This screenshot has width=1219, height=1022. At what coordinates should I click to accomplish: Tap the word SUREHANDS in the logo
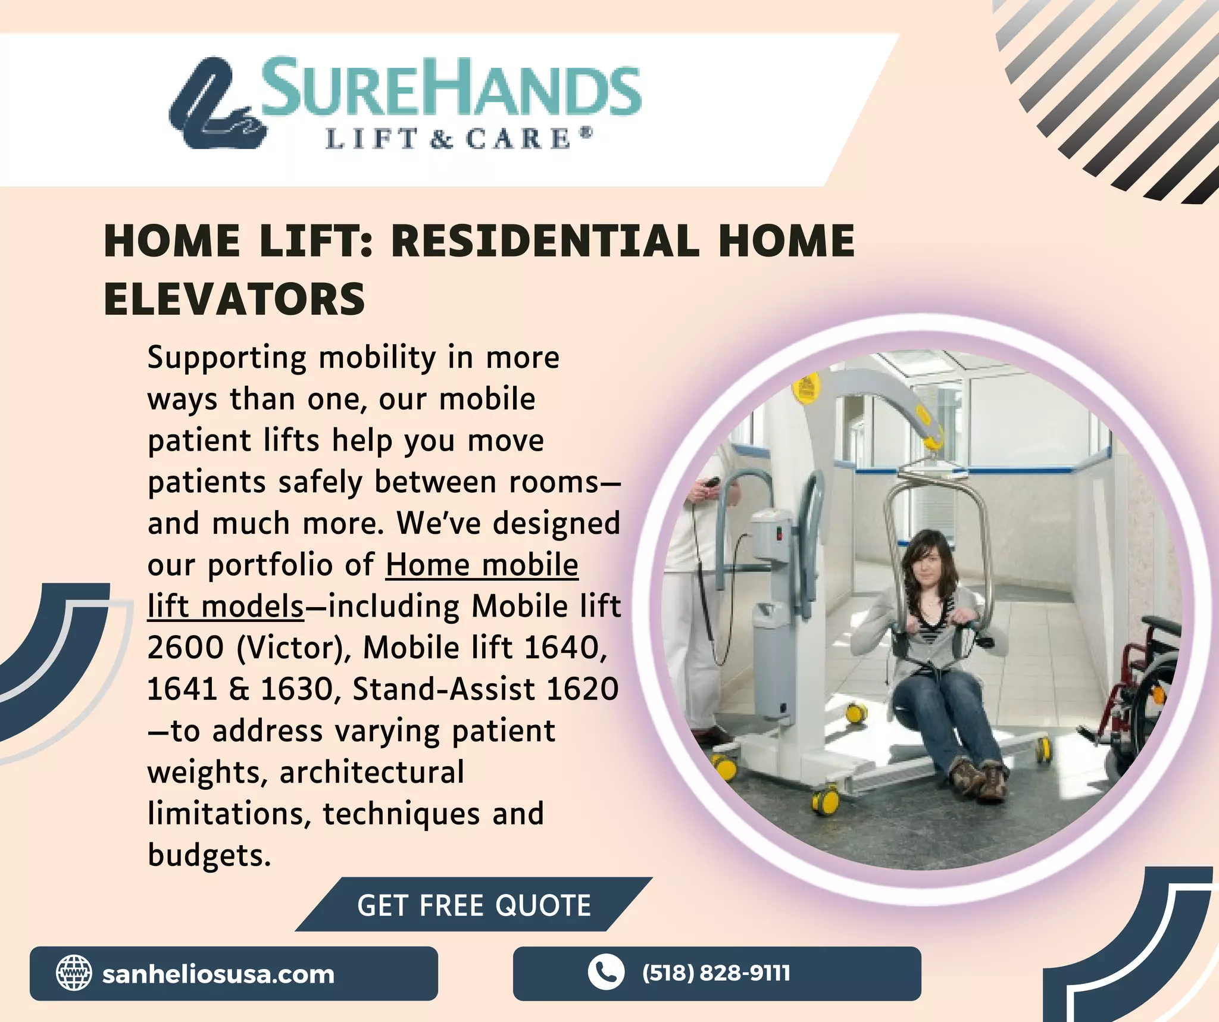coord(450,87)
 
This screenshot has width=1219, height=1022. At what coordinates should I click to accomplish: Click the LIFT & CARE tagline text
coord(458,139)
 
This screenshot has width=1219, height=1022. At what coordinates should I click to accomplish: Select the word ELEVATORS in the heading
coord(235,299)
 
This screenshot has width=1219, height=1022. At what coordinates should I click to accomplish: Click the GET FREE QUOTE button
coord(474,905)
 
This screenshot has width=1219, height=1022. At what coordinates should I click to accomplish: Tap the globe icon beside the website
coord(74,973)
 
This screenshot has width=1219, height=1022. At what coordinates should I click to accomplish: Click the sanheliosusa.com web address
coord(218,974)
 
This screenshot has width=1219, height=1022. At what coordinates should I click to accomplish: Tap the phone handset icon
coord(605,973)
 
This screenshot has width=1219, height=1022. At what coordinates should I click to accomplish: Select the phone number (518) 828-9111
coord(716,973)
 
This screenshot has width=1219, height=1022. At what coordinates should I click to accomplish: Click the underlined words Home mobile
coord(482,565)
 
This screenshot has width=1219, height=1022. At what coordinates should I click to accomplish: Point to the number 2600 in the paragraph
coord(185,648)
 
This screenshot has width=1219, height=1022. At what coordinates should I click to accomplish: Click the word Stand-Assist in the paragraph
coord(444,689)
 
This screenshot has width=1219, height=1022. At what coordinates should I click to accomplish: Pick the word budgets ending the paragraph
coord(209,855)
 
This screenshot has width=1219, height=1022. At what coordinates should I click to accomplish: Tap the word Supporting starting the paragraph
coord(227,358)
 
